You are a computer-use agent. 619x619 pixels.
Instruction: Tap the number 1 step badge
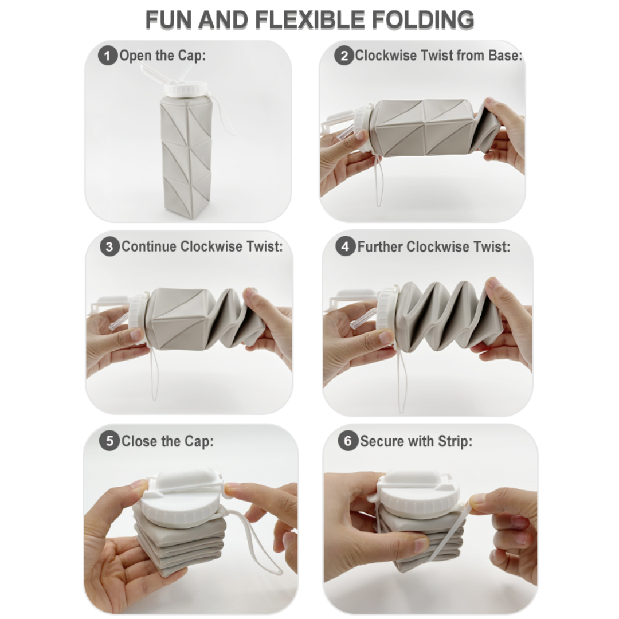point(107,56)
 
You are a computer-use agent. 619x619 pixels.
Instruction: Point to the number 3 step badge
point(109,248)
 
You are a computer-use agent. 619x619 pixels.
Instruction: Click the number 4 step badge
point(345,248)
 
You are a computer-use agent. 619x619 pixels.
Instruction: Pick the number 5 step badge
point(109,442)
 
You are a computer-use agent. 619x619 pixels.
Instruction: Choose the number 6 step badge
point(347,442)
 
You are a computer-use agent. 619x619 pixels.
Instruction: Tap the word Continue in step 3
point(149,247)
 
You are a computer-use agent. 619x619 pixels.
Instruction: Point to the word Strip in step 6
point(454,442)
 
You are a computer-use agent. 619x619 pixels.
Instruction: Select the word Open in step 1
point(135,56)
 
